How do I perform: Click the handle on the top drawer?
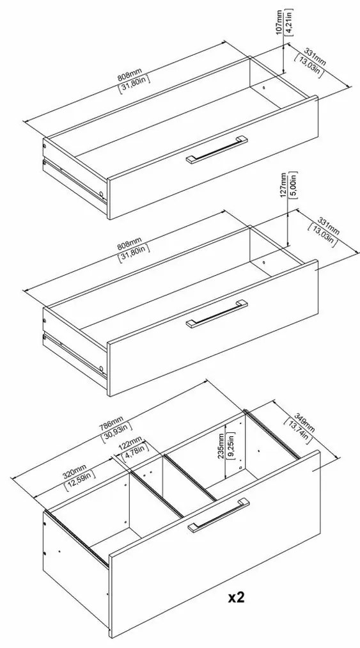(x=215, y=150)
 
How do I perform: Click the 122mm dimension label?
(x=130, y=443)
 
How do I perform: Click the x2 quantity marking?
(x=237, y=598)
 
